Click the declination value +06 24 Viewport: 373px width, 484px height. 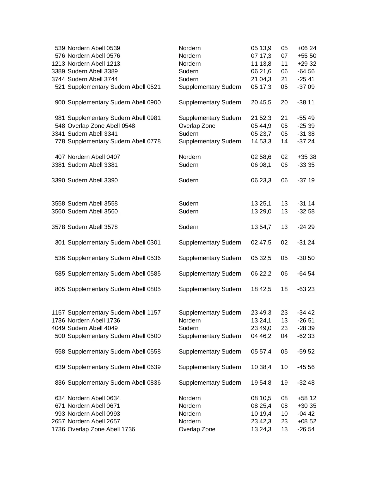[x=307, y=48]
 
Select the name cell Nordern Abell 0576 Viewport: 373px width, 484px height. [x=94, y=56]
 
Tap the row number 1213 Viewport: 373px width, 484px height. [x=58, y=64]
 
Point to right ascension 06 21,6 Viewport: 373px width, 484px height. [x=261, y=71]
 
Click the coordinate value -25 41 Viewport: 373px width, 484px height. [x=306, y=79]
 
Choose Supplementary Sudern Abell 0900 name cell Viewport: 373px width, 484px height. [x=114, y=102]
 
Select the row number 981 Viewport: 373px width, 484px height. [x=60, y=118]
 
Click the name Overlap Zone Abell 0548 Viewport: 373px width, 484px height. [x=101, y=126]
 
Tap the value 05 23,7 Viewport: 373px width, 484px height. [x=261, y=134]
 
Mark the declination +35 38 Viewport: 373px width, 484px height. [x=307, y=157]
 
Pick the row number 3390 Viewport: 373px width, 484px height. [x=58, y=180]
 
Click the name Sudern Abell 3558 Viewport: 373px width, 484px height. [x=92, y=203]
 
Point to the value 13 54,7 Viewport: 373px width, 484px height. [x=261, y=227]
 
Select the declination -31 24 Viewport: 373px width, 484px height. [x=306, y=242]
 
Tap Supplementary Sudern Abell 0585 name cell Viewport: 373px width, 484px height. [x=114, y=274]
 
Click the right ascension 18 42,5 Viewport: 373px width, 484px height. [x=261, y=289]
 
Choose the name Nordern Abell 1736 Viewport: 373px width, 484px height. [x=94, y=320]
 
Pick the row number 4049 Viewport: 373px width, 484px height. [x=58, y=328]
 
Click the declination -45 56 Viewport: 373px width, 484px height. [x=306, y=367]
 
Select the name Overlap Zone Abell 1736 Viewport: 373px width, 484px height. [x=101, y=429]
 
